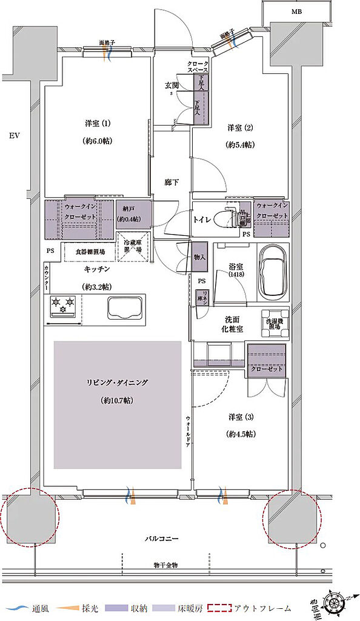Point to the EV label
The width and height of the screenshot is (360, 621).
(14, 135)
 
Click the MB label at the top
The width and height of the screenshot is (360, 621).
(296, 12)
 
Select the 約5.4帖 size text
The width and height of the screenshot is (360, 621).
(240, 145)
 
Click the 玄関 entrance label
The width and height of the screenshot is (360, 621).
(172, 86)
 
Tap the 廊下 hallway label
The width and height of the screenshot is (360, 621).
(171, 183)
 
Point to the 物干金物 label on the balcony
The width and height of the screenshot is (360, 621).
(165, 565)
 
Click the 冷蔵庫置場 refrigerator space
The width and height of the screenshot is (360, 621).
(133, 245)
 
